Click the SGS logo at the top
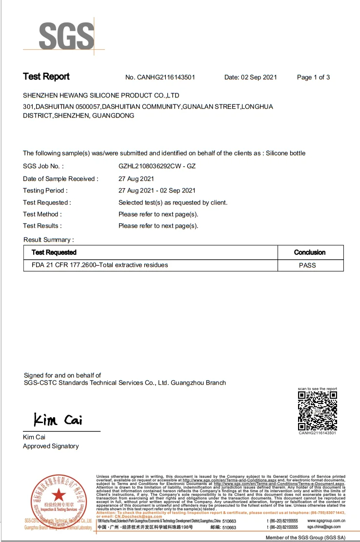coord(66,35)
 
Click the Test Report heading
coord(46,77)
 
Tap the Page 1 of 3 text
coord(313,77)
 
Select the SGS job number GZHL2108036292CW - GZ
coord(157,166)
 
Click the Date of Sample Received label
coord(60,179)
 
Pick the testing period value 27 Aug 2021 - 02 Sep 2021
coord(157,191)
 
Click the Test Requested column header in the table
coord(54,252)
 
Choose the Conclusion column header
coord(310,252)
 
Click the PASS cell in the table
coord(307,266)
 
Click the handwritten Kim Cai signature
coord(58,419)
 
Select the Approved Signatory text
coord(51,446)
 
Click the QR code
coord(318,410)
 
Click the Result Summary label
coord(49,240)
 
